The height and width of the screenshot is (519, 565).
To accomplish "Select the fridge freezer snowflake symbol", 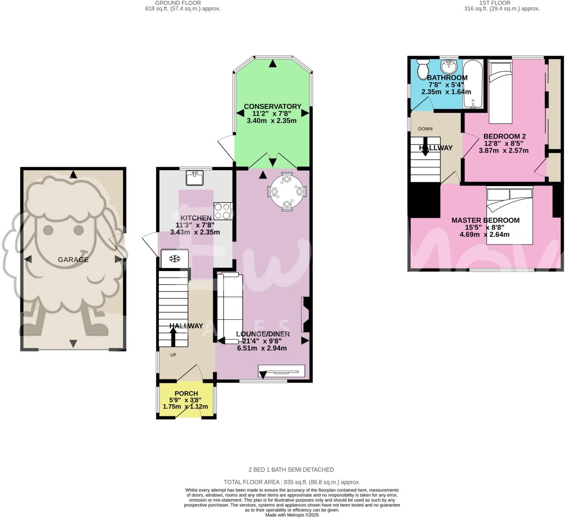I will pos(174,258).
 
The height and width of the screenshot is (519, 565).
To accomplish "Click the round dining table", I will pos(287,192).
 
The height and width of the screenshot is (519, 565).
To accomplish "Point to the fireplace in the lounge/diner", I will pos(305,315).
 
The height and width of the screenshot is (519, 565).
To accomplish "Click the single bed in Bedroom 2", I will pos(501,91).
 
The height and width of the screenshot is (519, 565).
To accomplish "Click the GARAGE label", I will pos(73,260).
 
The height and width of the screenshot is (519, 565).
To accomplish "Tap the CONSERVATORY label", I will pos(272,106).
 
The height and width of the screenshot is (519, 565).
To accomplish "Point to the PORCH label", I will pos(186,394).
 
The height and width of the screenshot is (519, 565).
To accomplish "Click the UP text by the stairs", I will pos(173,355).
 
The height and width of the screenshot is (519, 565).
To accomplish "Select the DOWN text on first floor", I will pos(425,129).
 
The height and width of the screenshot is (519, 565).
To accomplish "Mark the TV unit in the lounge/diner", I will pos(281,371).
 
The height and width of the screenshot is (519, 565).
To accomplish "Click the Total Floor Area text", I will pos(292,482).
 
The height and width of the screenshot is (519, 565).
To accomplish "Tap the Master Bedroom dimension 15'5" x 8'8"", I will pos(485,227).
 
